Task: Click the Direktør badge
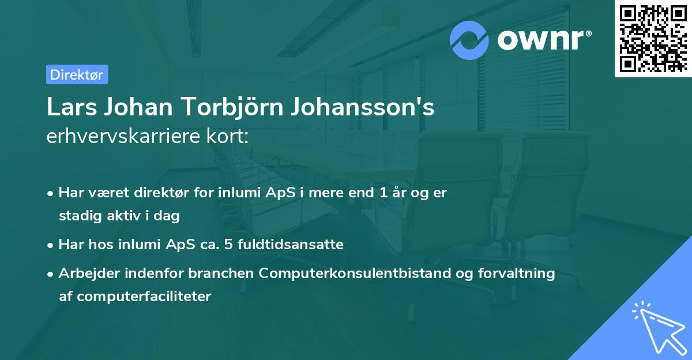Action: [x=77, y=74]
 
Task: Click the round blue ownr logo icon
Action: [x=469, y=40]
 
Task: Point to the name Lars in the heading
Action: [x=67, y=108]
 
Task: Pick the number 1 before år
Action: [x=383, y=193]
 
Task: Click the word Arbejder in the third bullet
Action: [x=84, y=273]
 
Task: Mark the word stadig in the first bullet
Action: [x=77, y=216]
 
